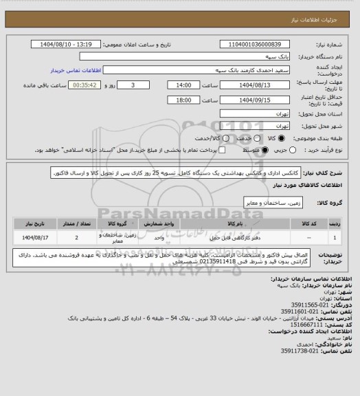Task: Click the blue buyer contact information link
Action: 76,69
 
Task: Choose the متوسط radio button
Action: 256,149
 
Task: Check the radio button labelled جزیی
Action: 294,149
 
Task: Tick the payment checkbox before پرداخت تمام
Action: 221,149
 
